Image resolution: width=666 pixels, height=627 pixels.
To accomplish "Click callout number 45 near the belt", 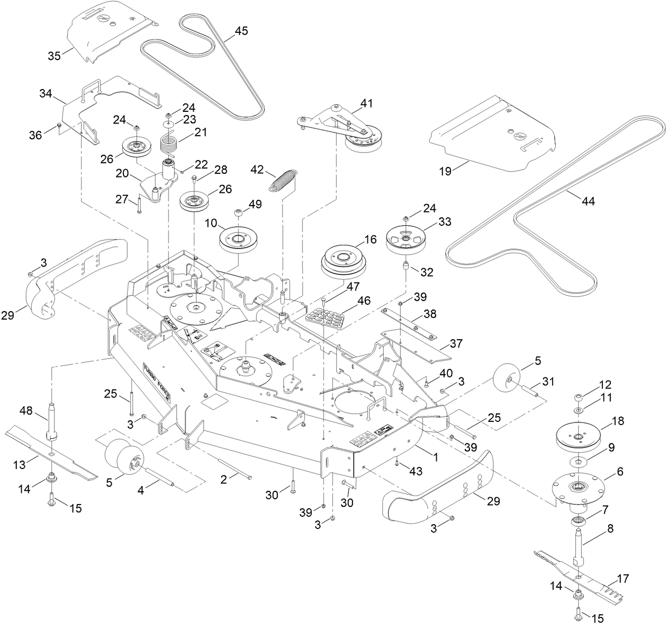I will point(241,31).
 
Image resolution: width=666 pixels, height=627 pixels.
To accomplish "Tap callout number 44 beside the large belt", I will point(588,201).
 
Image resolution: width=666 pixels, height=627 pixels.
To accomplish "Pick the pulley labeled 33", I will point(406,238).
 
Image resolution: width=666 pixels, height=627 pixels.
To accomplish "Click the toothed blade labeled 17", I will point(582,575).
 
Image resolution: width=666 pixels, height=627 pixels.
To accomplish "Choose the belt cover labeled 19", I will point(492,138).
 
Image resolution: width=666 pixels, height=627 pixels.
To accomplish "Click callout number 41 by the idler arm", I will point(367,103).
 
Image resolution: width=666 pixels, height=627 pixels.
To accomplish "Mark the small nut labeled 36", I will point(60,125).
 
